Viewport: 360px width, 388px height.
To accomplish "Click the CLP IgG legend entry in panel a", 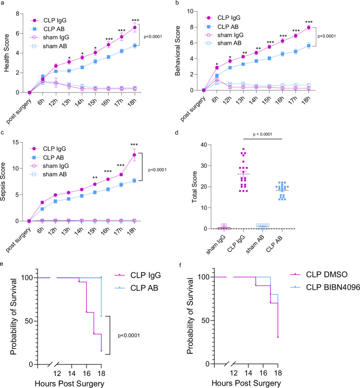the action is point(49,21).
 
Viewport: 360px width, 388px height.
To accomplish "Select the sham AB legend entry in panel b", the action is point(223,43).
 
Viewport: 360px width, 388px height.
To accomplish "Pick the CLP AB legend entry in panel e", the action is point(136,288).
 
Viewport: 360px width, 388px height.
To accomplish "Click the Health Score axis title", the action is point(6,53).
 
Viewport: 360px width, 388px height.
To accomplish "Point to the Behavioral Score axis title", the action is point(178,51).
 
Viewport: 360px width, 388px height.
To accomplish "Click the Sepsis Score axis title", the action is point(3,181).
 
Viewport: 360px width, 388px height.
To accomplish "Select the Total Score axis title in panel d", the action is point(194,187).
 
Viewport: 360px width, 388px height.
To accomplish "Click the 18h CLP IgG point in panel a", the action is point(135,27).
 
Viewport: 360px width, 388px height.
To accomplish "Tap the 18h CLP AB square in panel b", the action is point(309,46).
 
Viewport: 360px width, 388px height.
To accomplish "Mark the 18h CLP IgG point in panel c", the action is point(134,155).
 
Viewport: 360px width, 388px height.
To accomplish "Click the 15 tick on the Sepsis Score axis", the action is point(15,142).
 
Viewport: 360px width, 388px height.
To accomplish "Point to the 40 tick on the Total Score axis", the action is point(204,144).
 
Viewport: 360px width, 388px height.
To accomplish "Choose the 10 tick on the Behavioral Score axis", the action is point(190,11).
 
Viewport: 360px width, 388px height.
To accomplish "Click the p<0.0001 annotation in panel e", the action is point(129,336).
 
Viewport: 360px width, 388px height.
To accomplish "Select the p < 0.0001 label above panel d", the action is point(262,134).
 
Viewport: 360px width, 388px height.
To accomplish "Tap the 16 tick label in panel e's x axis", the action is point(87,373).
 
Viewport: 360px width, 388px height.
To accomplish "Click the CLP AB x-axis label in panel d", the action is point(275,244).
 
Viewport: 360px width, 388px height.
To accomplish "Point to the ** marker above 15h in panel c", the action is point(95,178).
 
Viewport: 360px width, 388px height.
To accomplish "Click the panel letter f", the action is point(180,265).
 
